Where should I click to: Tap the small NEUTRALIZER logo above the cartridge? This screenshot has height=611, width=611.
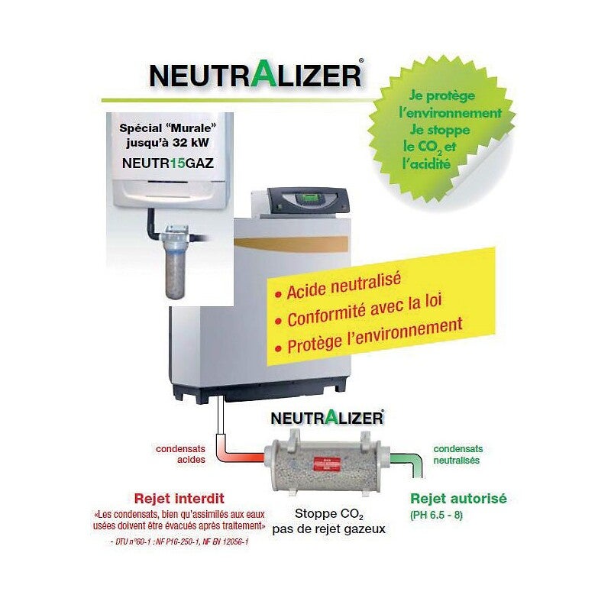(x=327, y=419)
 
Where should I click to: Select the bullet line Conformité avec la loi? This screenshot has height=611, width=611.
(x=365, y=315)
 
